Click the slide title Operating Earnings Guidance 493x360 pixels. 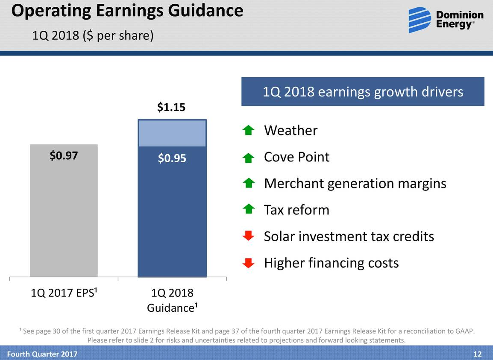[x=127, y=10]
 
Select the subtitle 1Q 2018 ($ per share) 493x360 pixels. [x=93, y=35]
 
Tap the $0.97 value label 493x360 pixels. [x=64, y=156]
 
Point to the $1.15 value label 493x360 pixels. [x=171, y=107]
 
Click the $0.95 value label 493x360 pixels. [x=172, y=158]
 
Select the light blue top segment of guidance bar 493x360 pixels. [x=172, y=134]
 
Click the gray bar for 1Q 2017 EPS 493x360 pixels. [x=64, y=214]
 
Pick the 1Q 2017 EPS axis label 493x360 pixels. [x=64, y=293]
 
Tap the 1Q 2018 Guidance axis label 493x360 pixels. [x=172, y=300]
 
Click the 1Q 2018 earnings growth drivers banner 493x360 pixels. [x=363, y=91]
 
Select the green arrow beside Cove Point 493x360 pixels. [x=248, y=158]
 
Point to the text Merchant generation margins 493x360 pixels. [x=355, y=184]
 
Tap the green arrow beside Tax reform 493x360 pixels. [x=248, y=209]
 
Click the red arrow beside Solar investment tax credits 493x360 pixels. [x=248, y=236]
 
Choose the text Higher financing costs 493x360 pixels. [x=331, y=263]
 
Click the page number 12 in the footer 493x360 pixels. [x=477, y=354]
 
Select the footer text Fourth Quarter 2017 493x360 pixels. [x=42, y=354]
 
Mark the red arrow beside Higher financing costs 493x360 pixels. [x=248, y=263]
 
